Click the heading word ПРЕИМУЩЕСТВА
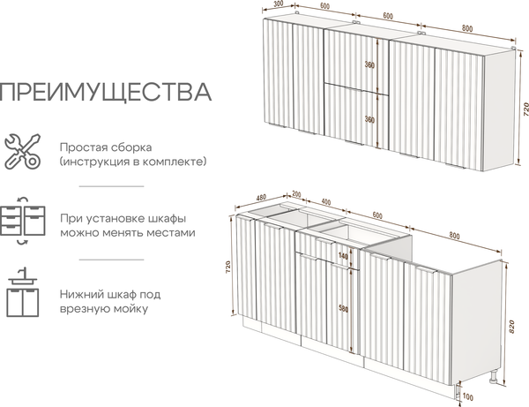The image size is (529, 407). tap(106, 91)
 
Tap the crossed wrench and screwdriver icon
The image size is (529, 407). tap(21, 153)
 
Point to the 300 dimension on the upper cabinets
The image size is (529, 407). tap(279, 4)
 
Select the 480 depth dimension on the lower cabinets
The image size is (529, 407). tap(261, 197)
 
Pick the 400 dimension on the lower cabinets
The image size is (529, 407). tap(326, 202)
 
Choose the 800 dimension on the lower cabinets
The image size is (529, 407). tap(453, 237)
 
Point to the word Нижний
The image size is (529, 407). tap(85, 293)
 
